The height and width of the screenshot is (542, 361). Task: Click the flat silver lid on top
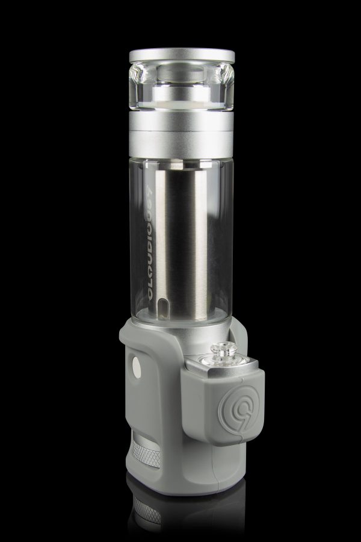(x=181, y=56)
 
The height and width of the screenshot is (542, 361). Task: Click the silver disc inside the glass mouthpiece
(x=181, y=93)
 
